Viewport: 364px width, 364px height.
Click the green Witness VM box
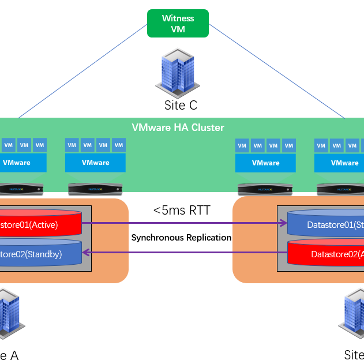coord(178,24)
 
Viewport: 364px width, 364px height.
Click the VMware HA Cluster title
coord(178,127)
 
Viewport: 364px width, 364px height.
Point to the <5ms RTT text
coord(181,211)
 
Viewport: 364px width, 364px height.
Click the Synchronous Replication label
coord(181,238)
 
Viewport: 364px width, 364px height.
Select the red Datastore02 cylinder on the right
coord(327,254)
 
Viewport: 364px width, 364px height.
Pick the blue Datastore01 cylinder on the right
coord(327,224)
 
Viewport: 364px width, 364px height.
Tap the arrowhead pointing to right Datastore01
coord(284,223)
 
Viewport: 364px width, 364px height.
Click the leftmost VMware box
coord(23,163)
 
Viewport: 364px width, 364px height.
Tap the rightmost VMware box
coord(340,163)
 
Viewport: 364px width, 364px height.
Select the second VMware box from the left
coord(95,163)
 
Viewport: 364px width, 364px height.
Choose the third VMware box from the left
coord(265,163)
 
